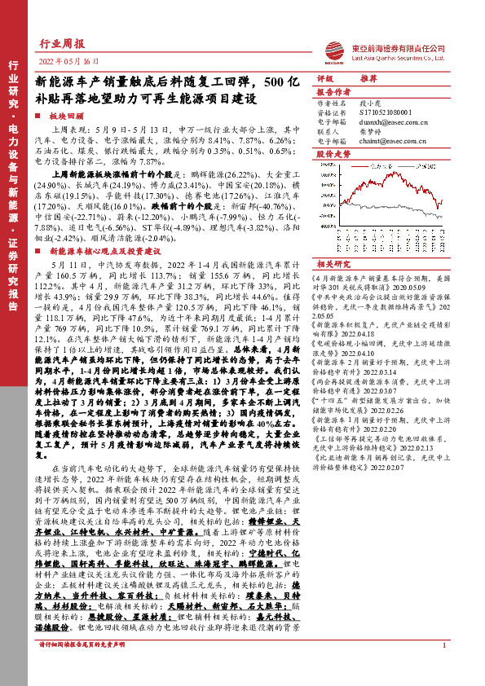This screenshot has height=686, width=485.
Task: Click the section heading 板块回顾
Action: click(65, 117)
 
